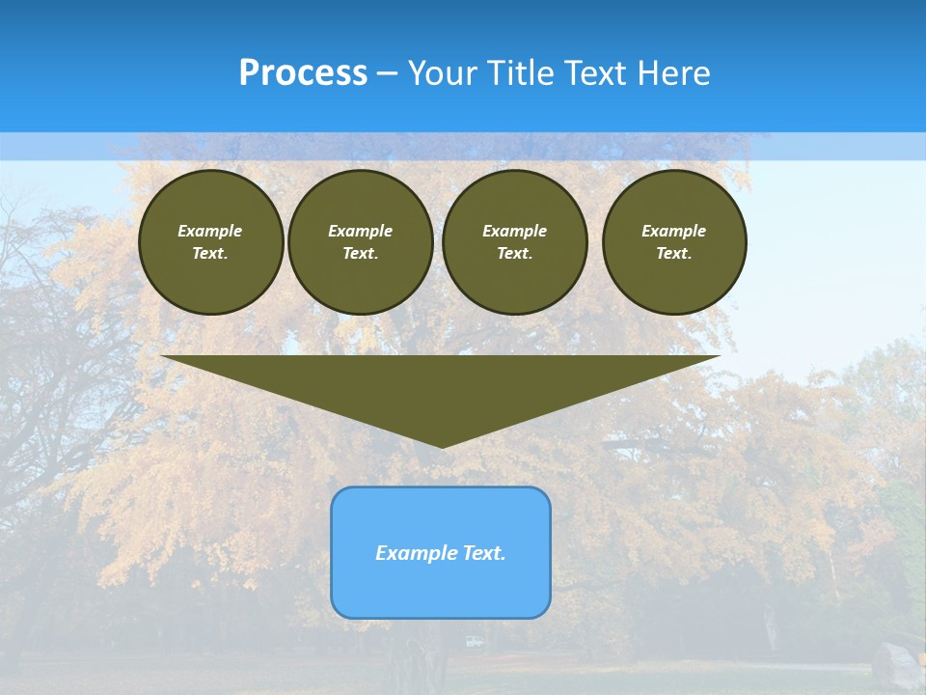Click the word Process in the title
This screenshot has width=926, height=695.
click(303, 73)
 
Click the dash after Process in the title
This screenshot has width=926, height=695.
click(387, 74)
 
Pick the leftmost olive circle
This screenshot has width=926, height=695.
click(211, 242)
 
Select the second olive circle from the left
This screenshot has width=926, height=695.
click(361, 242)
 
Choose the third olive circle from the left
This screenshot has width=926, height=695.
click(515, 242)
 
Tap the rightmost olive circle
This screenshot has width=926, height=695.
click(674, 242)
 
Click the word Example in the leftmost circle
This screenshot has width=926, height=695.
click(210, 231)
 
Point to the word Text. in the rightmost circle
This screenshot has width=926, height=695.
click(674, 254)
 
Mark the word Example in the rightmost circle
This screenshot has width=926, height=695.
click(674, 231)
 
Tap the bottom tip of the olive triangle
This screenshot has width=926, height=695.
click(442, 445)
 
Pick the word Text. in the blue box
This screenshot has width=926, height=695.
click(481, 553)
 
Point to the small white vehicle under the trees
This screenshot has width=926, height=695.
click(474, 641)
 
